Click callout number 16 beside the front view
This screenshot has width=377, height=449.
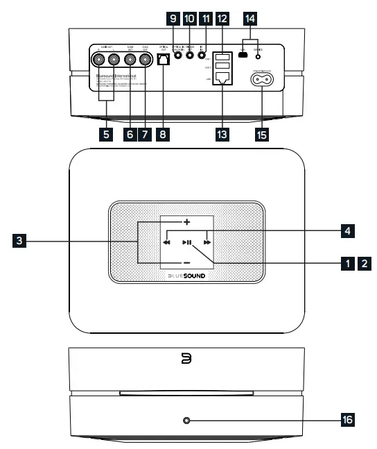tap(345, 421)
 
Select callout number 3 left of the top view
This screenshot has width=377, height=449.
tap(22, 242)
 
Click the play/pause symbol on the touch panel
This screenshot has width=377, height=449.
tap(187, 244)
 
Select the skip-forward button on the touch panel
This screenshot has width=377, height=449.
tap(207, 244)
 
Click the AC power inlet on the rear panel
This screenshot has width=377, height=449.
tap(263, 78)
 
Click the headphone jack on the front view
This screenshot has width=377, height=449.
tap(187, 420)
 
